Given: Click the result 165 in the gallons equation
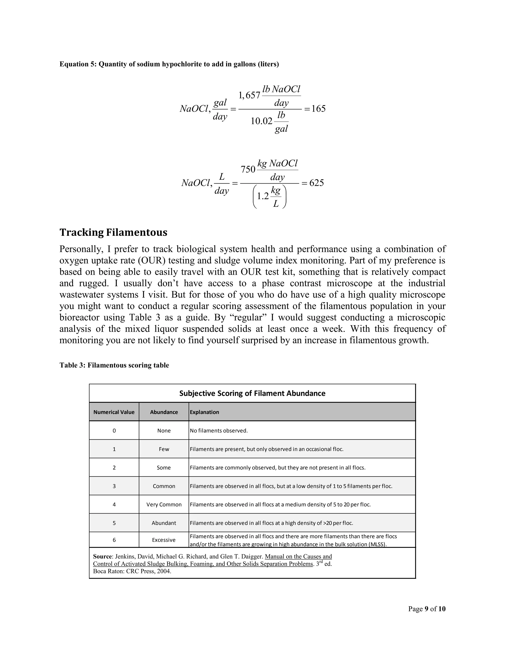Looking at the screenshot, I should pos(318,108).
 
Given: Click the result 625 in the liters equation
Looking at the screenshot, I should pos(317,183).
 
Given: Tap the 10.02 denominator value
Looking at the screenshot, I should pos(261,121).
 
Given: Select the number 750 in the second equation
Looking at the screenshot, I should pos(248,170).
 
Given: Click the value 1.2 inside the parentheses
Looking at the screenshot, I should pos(263,196).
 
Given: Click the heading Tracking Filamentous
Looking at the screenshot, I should pos(113,232).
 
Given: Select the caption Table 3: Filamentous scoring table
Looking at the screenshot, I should pos(114,365).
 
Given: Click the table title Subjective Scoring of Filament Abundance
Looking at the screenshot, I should pos(252,393).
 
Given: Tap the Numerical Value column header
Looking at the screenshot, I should pos(114,412).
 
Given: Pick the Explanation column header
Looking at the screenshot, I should pos(204,412).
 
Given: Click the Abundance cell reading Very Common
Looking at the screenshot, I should pos(164,505).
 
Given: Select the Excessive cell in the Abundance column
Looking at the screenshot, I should pos(164,540).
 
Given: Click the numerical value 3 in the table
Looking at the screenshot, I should pos(114,486).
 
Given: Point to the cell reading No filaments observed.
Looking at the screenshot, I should pos(219,431).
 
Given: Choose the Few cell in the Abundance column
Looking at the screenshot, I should pos(164,449).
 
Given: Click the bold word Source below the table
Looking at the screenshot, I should pos(102,556).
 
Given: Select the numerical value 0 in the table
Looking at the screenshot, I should pos(114,431).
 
